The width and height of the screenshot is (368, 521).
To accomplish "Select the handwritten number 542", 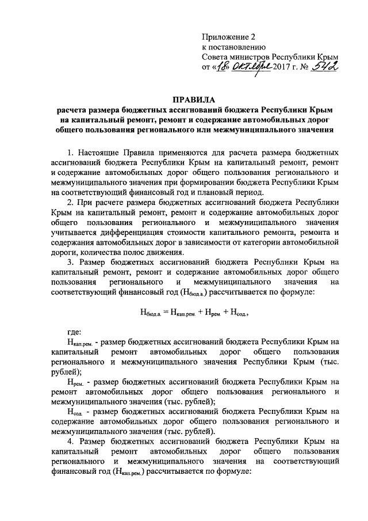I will point(324,68).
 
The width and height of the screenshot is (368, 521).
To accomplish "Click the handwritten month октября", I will point(251,68).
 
